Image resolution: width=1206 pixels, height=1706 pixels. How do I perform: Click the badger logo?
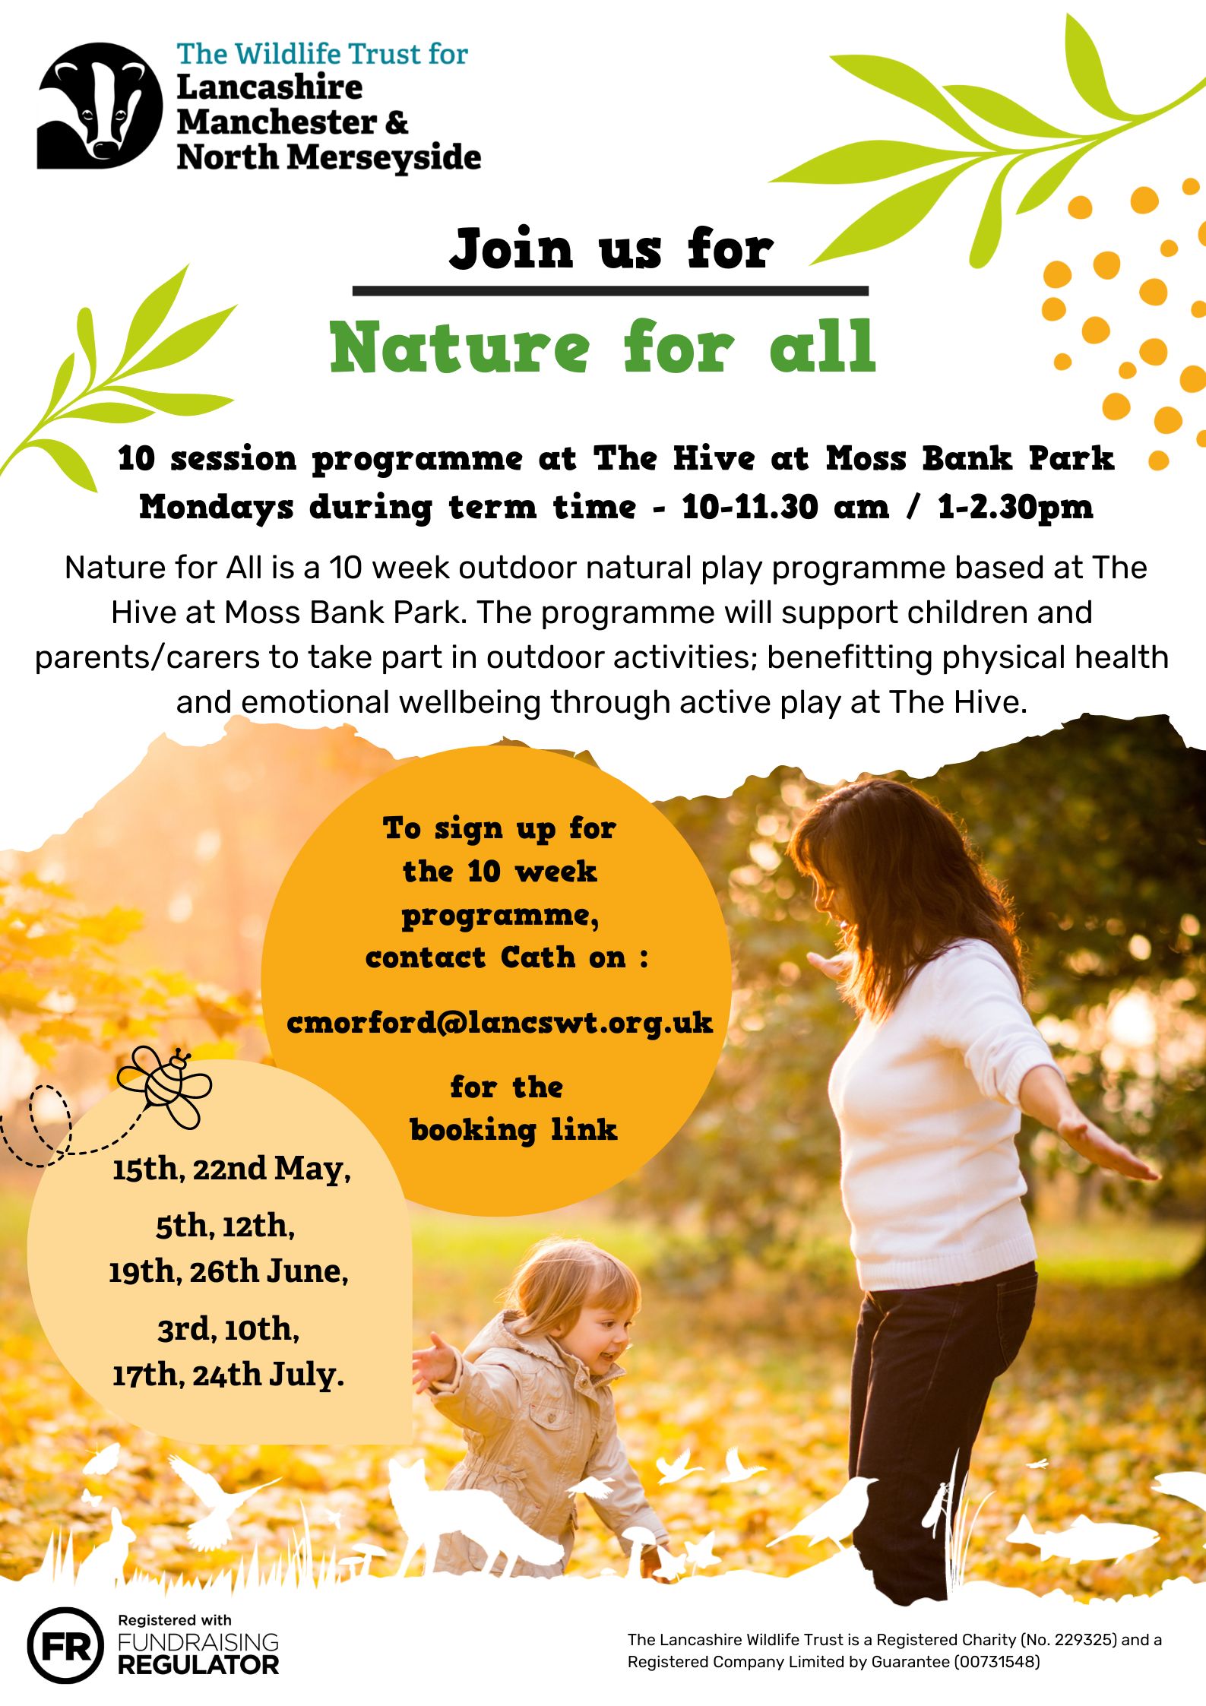99,105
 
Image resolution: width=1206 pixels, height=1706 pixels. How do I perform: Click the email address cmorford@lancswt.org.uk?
499,1023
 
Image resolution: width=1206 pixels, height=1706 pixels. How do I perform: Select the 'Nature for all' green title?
603,347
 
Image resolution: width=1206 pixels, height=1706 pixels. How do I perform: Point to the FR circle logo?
65,1645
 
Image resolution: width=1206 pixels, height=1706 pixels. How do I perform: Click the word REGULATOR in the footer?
198,1665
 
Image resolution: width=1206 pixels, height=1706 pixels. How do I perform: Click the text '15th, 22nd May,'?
232,1168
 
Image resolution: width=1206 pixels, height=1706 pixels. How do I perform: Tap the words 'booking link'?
514,1130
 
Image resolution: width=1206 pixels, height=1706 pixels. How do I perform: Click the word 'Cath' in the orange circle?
538,957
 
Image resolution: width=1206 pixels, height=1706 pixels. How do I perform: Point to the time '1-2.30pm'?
1015,507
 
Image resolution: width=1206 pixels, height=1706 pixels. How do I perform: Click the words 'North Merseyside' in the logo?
328,157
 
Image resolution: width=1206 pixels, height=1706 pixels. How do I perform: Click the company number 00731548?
996,1662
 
